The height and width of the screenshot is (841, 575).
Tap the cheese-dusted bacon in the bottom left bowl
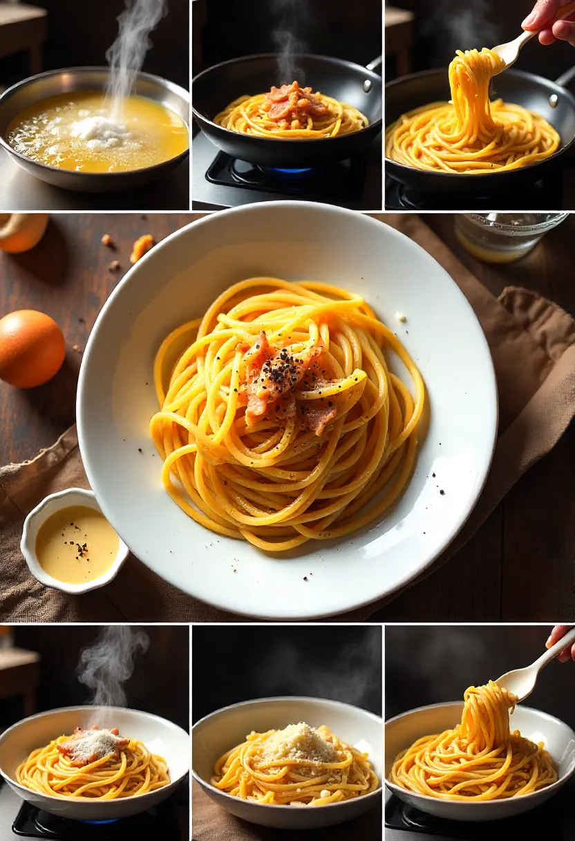tap(92, 746)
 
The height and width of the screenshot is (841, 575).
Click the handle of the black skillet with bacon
tap(374, 64)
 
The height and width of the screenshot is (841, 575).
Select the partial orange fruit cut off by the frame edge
tap(23, 231)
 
